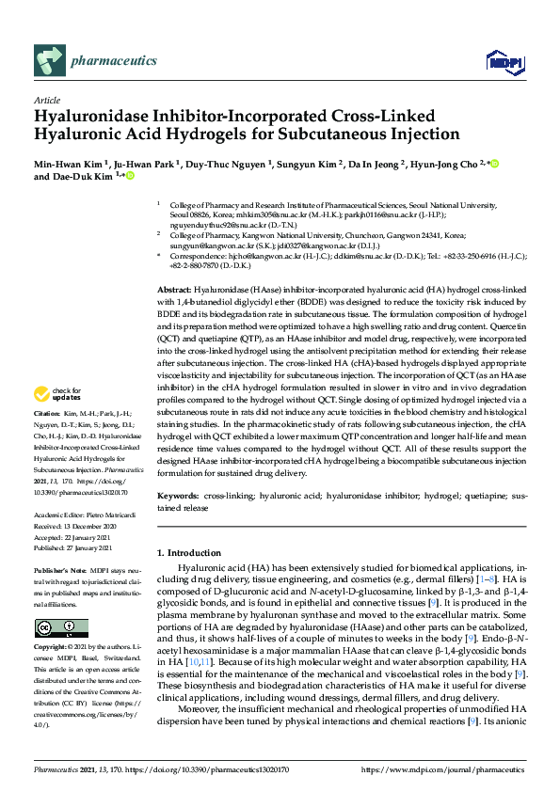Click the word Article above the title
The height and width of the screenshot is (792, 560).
point(47,99)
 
